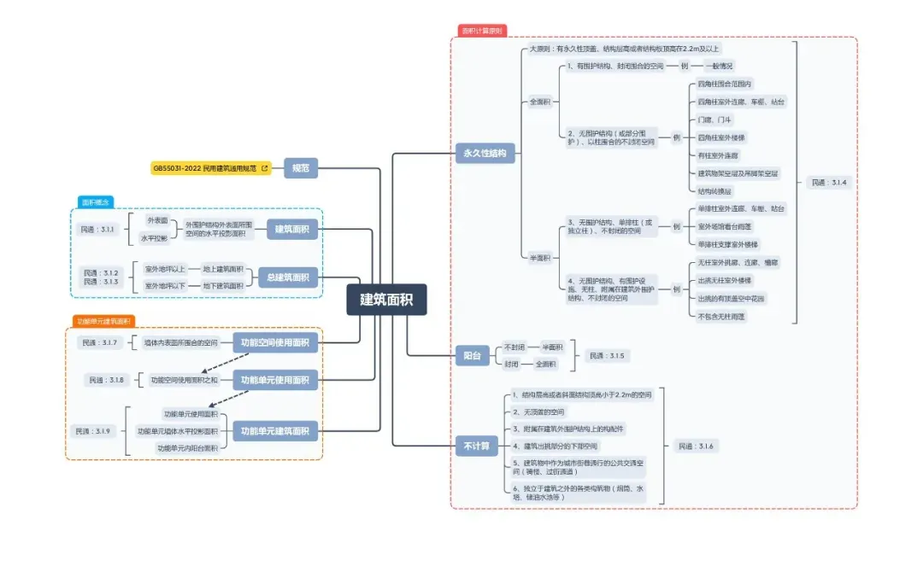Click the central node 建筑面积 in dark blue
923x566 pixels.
(386, 300)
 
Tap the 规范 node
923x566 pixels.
(300, 168)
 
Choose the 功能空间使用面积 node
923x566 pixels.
(274, 342)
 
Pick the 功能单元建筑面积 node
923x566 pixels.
(274, 431)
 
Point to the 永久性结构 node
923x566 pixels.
(485, 155)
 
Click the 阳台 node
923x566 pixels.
(472, 356)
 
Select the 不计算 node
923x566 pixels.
(476, 446)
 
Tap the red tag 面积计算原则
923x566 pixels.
(483, 31)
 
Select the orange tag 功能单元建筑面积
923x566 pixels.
(103, 322)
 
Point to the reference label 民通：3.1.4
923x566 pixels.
(828, 183)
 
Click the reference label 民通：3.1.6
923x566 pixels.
(695, 446)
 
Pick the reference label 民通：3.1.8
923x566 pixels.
(106, 380)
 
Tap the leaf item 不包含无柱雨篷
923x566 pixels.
(721, 316)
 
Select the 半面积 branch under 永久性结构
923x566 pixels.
(540, 257)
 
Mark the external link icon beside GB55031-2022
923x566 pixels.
(264, 168)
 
